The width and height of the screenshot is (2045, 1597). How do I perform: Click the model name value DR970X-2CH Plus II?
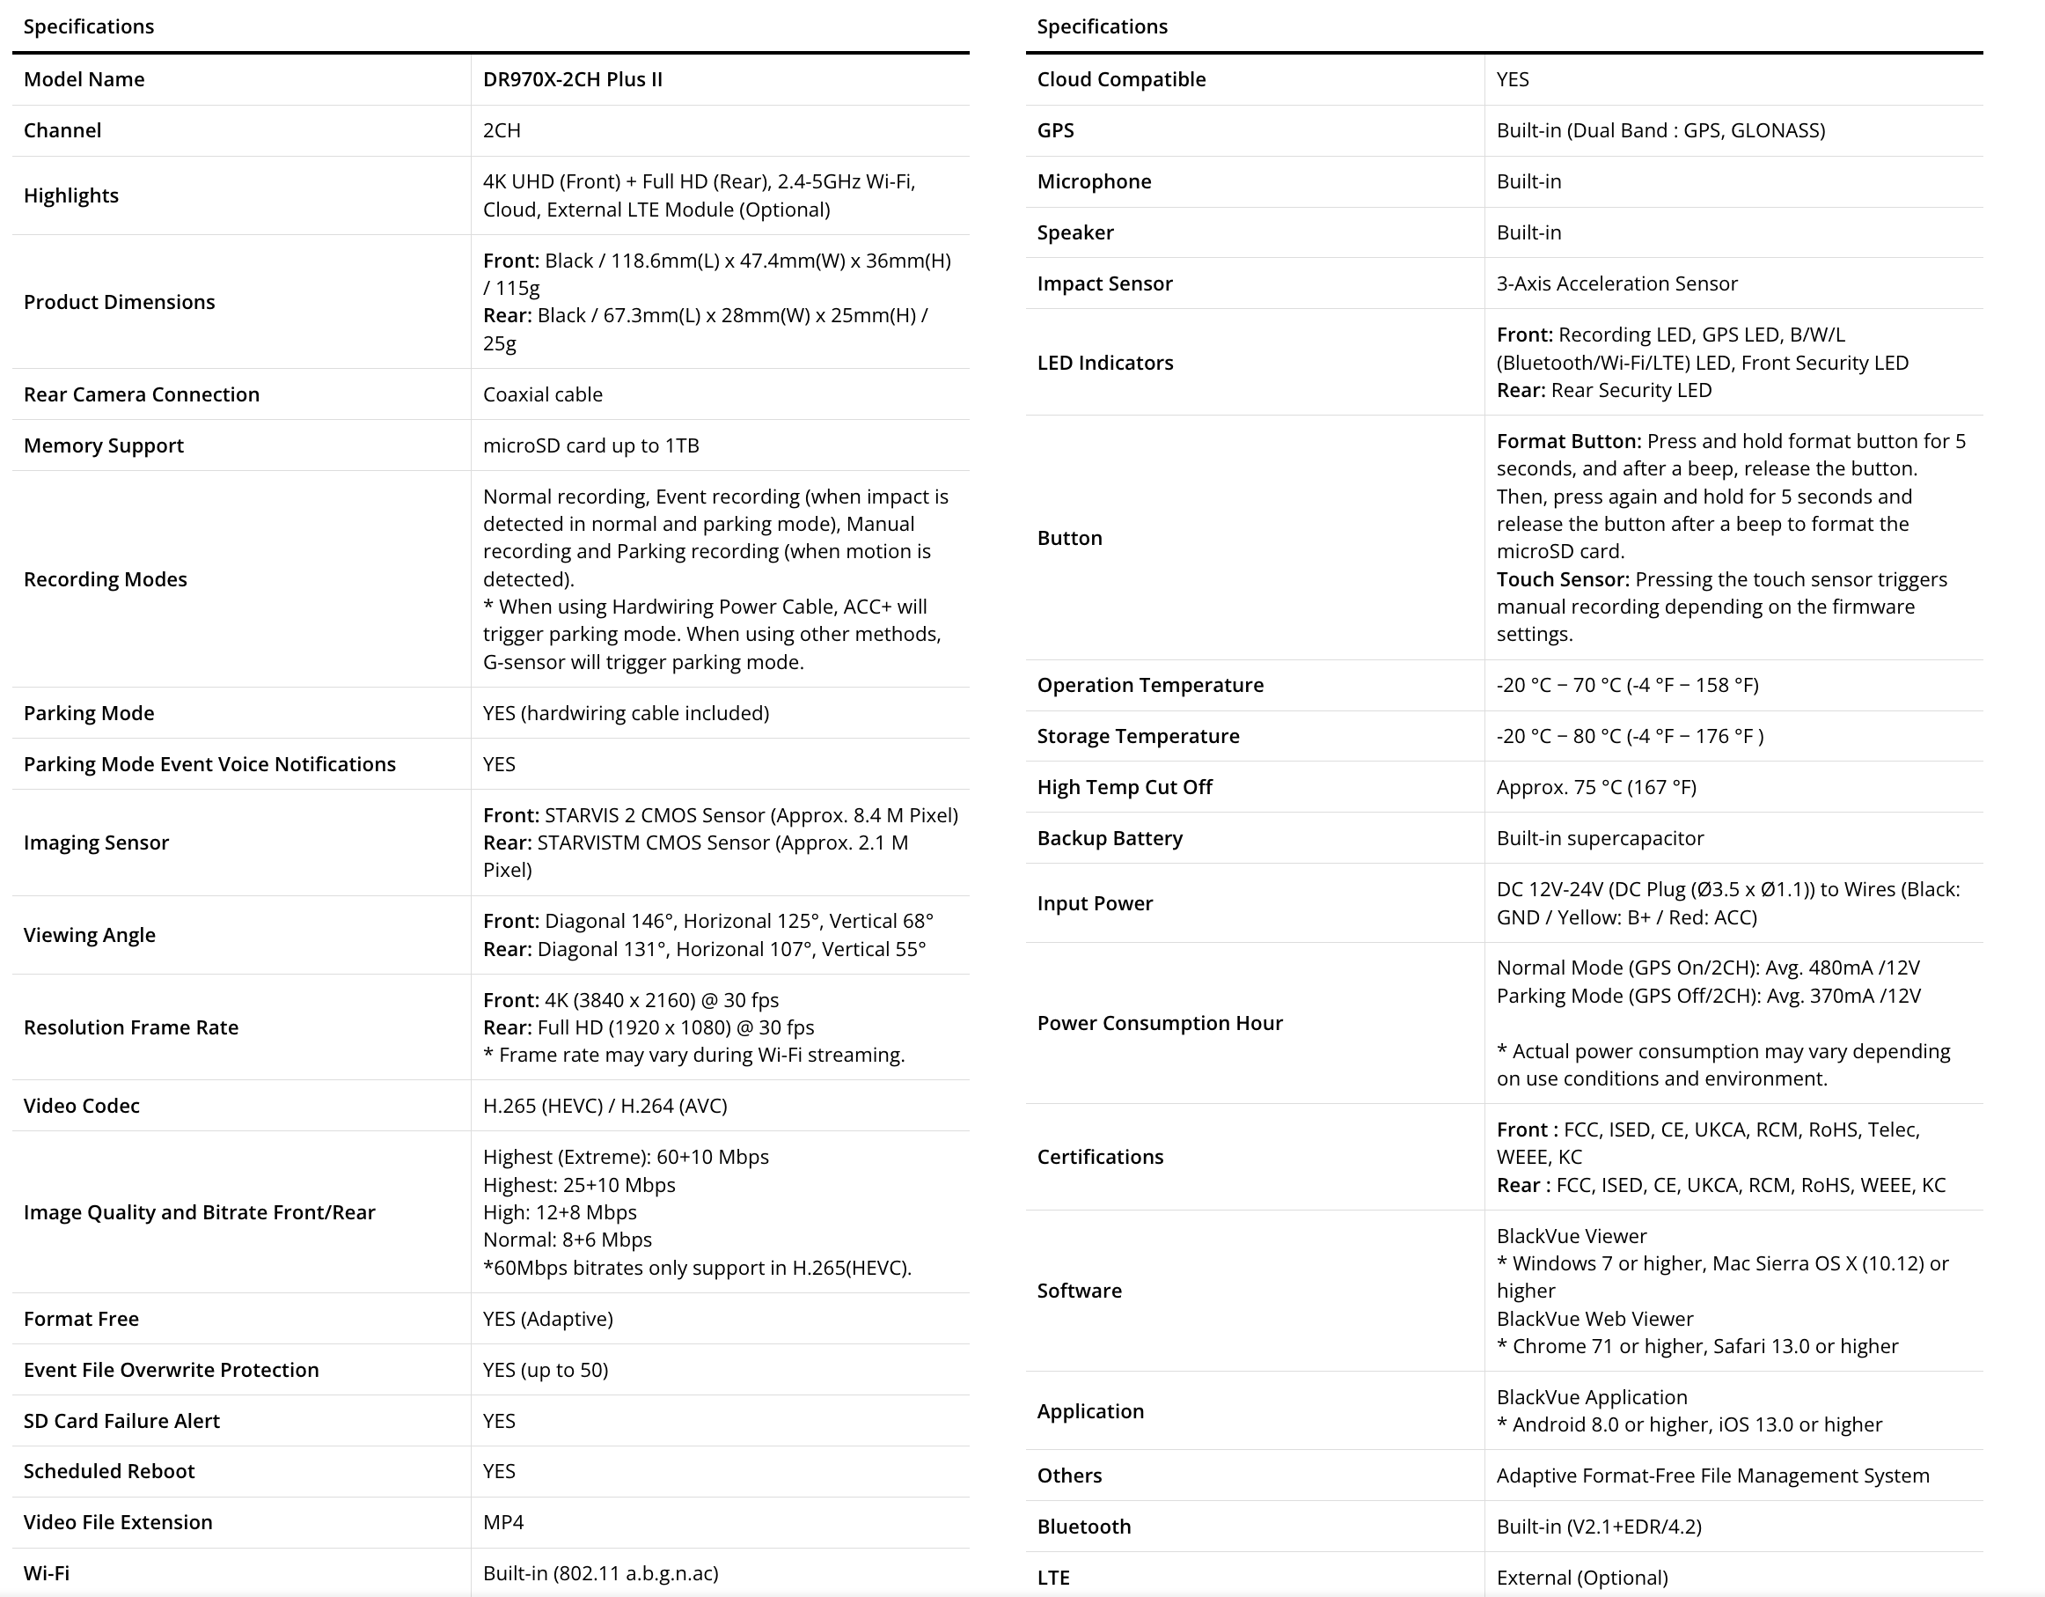click(572, 79)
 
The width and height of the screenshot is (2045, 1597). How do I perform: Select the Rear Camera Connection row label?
click(142, 394)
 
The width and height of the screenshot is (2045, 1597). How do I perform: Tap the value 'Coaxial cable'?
click(542, 394)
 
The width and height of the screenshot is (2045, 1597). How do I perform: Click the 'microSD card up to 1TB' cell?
click(590, 445)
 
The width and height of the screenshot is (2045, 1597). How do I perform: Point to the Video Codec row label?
click(82, 1107)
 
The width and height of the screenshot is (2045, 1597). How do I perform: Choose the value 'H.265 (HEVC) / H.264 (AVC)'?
click(605, 1107)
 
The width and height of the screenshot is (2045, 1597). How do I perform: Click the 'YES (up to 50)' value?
click(545, 1371)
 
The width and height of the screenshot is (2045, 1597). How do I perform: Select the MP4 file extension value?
click(502, 1522)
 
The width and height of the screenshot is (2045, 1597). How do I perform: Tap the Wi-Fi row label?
click(47, 1573)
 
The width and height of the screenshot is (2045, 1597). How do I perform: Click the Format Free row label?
click(82, 1319)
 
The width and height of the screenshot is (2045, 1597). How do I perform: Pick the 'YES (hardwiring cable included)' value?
click(626, 714)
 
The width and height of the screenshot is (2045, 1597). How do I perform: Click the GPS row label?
click(1055, 130)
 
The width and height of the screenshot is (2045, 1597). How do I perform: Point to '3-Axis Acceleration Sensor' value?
click(1616, 283)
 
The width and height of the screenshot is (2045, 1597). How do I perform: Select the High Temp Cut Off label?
click(1124, 788)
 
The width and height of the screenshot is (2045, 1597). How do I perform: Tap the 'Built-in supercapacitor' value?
click(1599, 838)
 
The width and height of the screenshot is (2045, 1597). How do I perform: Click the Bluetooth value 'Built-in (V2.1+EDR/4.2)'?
click(1598, 1527)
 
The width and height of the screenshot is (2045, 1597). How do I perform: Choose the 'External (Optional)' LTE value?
click(1581, 1579)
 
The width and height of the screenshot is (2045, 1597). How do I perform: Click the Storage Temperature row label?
click(1138, 736)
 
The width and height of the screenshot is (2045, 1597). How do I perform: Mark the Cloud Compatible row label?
click(1121, 79)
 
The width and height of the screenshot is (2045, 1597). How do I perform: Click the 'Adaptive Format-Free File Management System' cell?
click(1712, 1476)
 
